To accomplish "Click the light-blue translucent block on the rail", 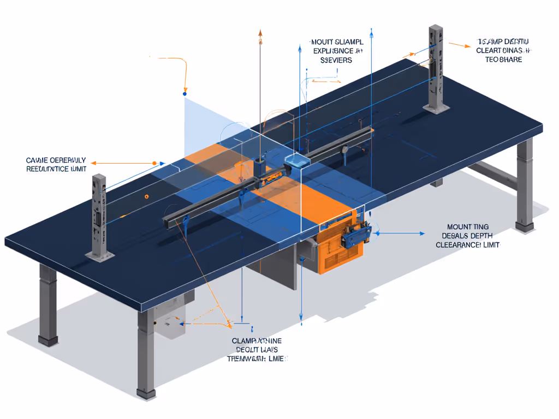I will [296, 160].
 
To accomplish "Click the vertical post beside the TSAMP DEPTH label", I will [436, 68].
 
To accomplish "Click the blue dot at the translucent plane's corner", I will [185, 94].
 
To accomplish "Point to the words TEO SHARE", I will [503, 59].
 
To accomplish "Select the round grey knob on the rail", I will [345, 148].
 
